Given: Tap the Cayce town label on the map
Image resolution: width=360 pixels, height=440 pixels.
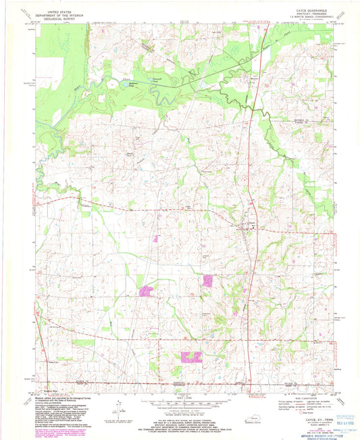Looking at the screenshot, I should (251, 223).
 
